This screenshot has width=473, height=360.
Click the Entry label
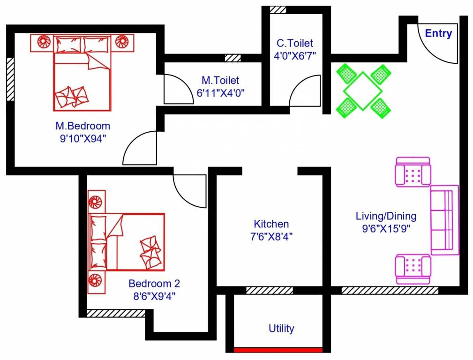click(438, 34)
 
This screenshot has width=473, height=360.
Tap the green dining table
click(363, 90)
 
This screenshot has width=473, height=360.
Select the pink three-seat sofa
click(444, 220)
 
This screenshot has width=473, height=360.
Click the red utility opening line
click(278, 350)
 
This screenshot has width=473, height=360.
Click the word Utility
click(281, 329)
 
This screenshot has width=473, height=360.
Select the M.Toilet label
click(220, 81)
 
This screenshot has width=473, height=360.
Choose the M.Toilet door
click(176, 90)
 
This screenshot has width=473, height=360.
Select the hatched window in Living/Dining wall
click(389, 291)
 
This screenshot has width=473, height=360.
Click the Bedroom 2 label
click(154, 284)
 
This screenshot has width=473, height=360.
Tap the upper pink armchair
click(413, 172)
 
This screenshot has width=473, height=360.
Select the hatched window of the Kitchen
click(269, 291)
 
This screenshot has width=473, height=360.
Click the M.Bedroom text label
click(83, 126)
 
